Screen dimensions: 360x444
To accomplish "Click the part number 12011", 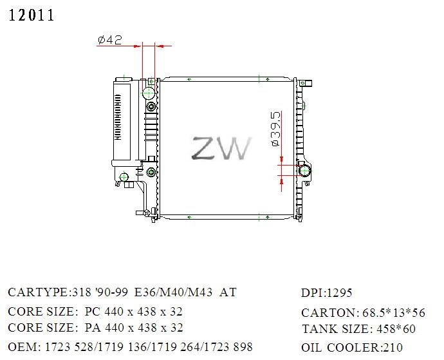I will (32, 16).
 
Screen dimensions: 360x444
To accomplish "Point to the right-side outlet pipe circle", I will (304, 171).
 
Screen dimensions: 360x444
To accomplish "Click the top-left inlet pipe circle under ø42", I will (149, 91).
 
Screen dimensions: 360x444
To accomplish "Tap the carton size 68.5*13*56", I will (394, 313).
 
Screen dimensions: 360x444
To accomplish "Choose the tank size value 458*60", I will (396, 330).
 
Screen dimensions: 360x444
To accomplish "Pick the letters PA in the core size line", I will (93, 328).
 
